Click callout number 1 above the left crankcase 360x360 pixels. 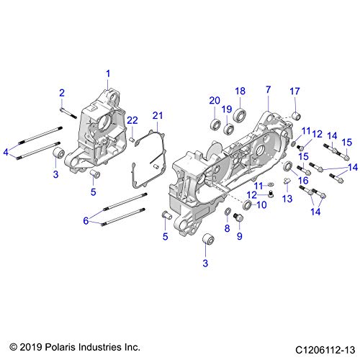pyautogui.click(x=109, y=73)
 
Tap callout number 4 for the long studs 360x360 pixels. pyautogui.click(x=6, y=152)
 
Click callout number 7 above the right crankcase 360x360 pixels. pyautogui.click(x=268, y=90)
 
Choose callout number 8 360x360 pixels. pyautogui.click(x=228, y=228)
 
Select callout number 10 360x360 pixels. pyautogui.click(x=261, y=204)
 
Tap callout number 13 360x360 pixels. pyautogui.click(x=286, y=198)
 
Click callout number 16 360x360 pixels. pyautogui.click(x=303, y=181)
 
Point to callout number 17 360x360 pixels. pyautogui.click(x=294, y=90)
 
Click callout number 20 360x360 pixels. pyautogui.click(x=214, y=100)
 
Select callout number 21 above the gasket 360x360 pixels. pyautogui.click(x=158, y=115)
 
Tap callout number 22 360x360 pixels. pyautogui.click(x=132, y=119)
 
